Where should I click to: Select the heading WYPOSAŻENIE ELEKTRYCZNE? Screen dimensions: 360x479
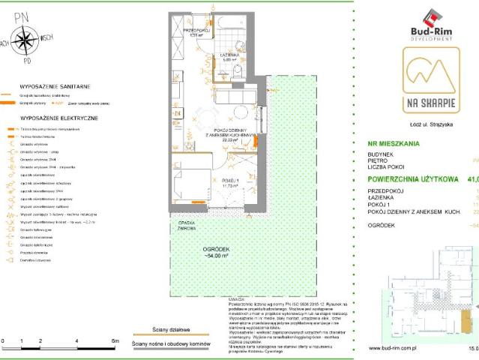click(54, 118)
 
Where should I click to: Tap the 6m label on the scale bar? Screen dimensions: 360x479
click(114, 341)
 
